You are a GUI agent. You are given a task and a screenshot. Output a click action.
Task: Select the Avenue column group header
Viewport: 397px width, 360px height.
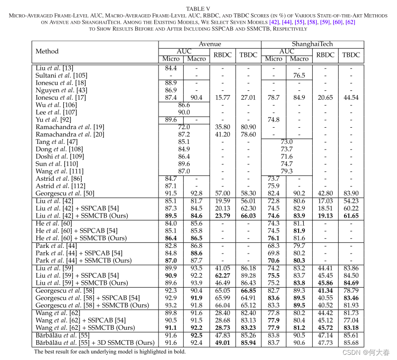(x=210, y=44)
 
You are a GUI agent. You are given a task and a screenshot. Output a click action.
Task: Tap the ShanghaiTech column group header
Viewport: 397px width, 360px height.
(x=312, y=44)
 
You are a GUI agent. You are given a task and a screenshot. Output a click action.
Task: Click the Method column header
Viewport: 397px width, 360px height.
(x=47, y=51)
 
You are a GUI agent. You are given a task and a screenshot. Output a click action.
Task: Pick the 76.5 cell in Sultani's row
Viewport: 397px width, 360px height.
(x=299, y=75)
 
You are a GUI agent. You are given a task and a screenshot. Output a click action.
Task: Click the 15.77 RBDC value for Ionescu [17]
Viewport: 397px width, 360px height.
(x=222, y=97)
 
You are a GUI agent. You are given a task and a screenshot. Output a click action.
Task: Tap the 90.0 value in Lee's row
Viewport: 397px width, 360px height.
(x=184, y=112)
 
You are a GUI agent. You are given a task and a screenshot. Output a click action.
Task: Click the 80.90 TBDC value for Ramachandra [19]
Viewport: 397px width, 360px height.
(x=248, y=127)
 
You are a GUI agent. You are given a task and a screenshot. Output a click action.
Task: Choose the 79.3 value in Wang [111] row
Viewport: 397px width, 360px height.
(x=286, y=171)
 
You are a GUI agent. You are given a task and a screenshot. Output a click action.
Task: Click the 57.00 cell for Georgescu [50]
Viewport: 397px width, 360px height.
(x=222, y=193)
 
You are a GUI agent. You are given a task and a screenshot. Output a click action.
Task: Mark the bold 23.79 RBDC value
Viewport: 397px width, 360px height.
(x=222, y=216)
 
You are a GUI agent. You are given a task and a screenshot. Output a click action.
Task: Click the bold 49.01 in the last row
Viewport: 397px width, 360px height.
(x=222, y=342)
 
